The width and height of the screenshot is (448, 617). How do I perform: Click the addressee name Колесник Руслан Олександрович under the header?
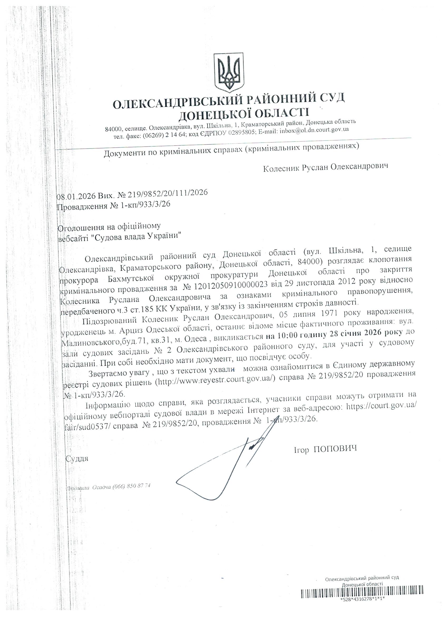(x=325, y=167)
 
